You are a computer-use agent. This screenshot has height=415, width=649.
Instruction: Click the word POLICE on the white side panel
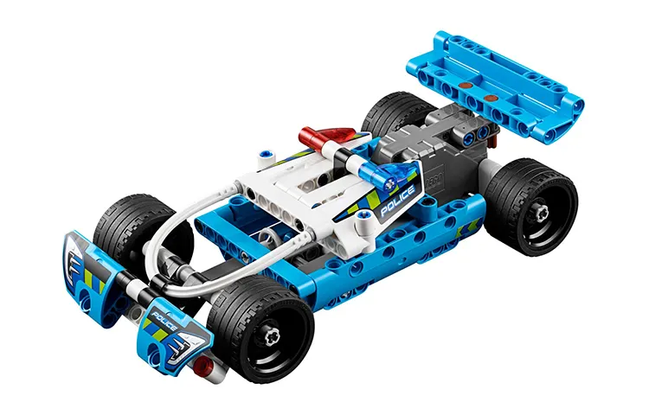pyautogui.click(x=397, y=201)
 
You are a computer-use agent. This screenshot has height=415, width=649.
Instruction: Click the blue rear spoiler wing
pyautogui.click(x=496, y=86)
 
